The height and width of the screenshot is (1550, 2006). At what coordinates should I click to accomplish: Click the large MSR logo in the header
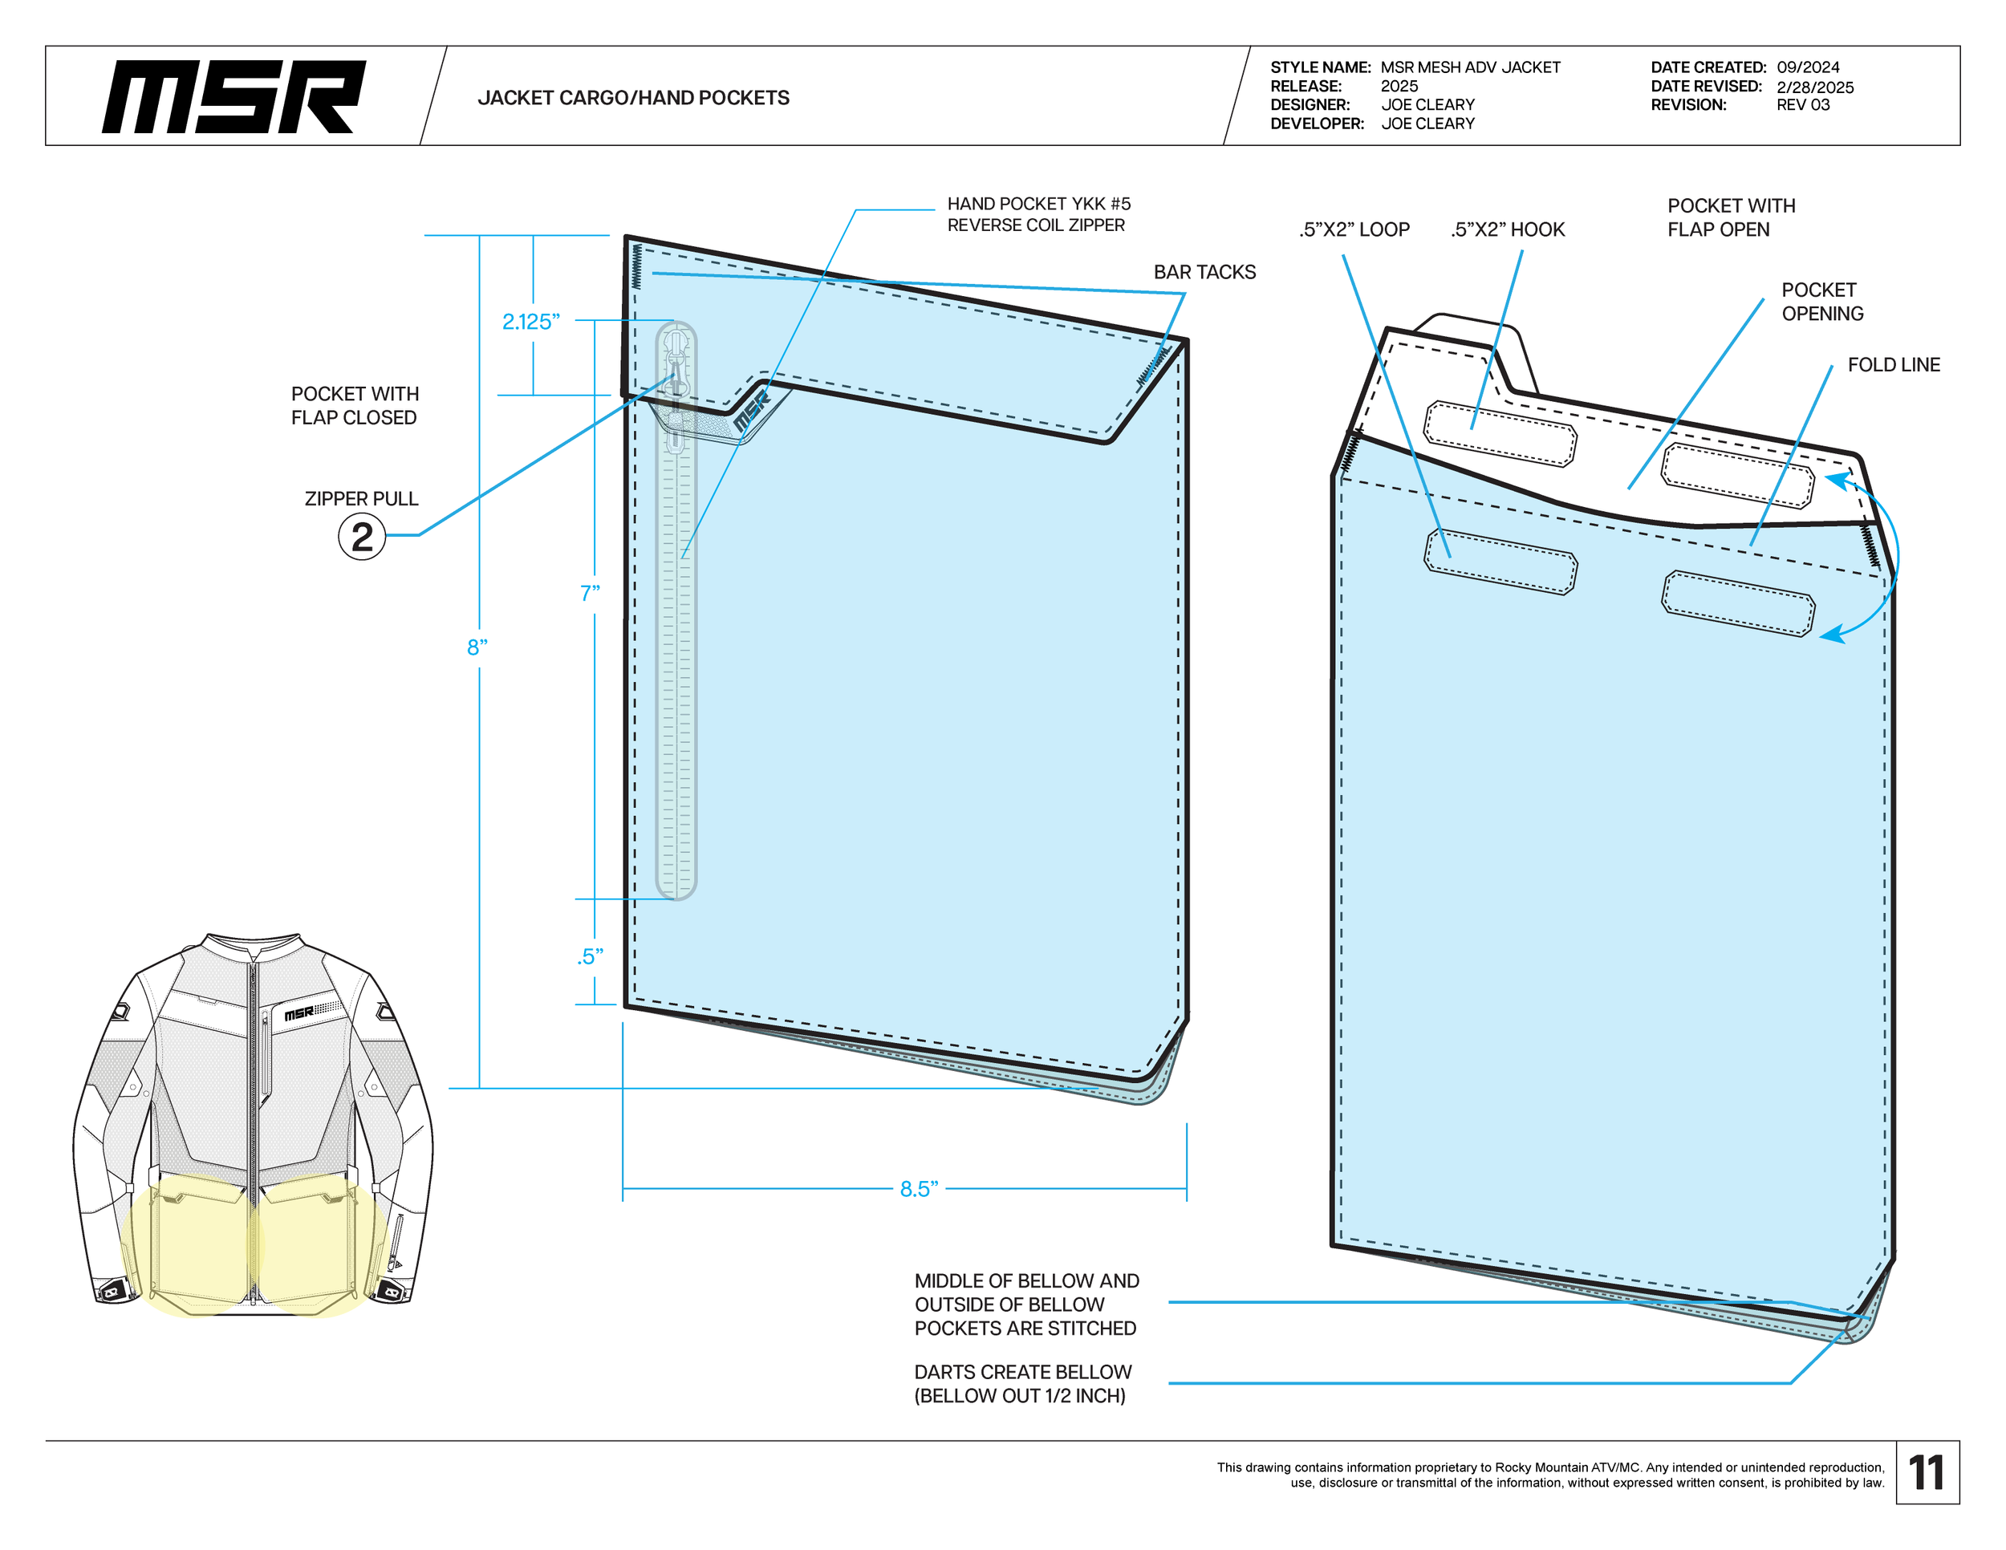[233, 96]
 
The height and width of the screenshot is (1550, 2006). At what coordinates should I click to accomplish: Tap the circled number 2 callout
[362, 536]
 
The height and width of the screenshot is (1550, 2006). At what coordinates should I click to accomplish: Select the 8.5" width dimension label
[919, 1189]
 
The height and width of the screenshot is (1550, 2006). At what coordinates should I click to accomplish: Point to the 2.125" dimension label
[530, 322]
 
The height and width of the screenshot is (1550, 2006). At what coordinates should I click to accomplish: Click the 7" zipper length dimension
[590, 593]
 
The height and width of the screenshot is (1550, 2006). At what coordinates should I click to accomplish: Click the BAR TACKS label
[1204, 273]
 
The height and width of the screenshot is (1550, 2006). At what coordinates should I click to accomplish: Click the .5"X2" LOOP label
[1354, 229]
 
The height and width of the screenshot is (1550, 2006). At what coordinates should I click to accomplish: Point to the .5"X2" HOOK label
[1507, 229]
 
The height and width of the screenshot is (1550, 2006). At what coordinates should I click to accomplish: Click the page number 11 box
[1927, 1473]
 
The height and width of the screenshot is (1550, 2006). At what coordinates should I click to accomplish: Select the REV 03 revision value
[1802, 104]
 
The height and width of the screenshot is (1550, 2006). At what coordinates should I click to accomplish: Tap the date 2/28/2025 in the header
[1814, 87]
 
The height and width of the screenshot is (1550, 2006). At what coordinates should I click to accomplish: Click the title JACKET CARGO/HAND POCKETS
[633, 98]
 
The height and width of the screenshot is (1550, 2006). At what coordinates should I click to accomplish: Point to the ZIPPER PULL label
[361, 498]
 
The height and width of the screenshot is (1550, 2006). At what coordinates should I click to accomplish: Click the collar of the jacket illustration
[253, 946]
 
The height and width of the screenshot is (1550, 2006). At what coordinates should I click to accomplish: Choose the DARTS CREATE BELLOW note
[1022, 1384]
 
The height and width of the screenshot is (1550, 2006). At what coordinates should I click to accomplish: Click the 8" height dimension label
[477, 647]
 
